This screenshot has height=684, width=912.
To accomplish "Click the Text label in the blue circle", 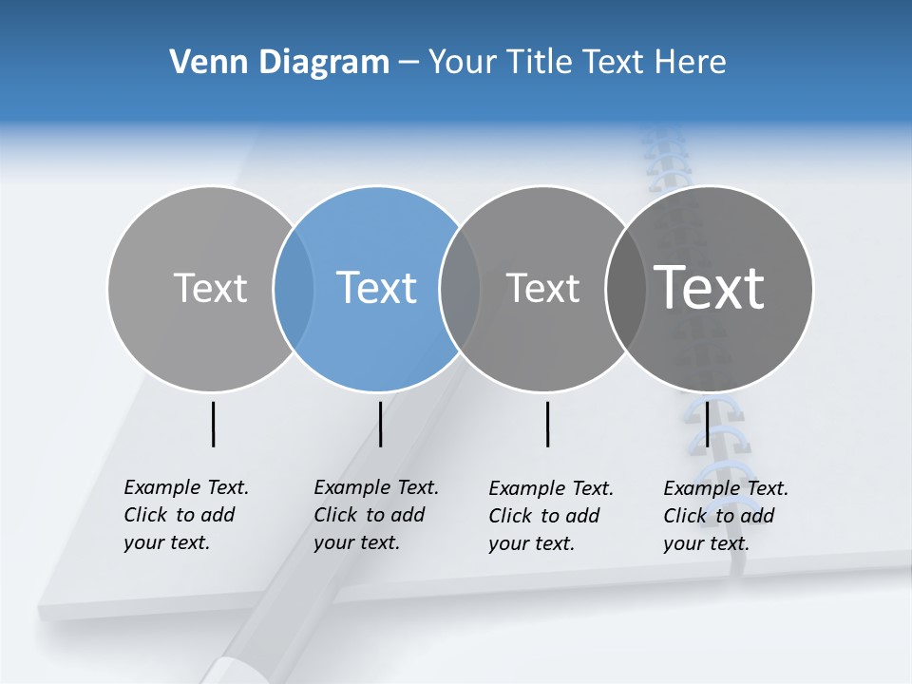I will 376,288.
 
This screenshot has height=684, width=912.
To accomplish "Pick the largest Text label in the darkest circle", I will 710,287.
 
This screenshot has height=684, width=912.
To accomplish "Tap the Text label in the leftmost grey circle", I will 210,288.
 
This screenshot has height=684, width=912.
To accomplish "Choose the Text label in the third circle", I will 542,288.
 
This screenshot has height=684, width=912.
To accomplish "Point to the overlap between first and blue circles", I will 294,288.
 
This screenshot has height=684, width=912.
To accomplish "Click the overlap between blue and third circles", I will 460,288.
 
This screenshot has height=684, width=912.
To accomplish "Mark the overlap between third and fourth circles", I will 626,288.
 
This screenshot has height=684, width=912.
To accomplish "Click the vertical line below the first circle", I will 214,424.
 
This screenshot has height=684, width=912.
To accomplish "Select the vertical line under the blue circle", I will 380,424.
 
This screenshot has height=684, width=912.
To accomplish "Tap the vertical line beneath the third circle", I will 548,424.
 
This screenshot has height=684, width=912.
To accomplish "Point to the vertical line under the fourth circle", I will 708,424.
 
